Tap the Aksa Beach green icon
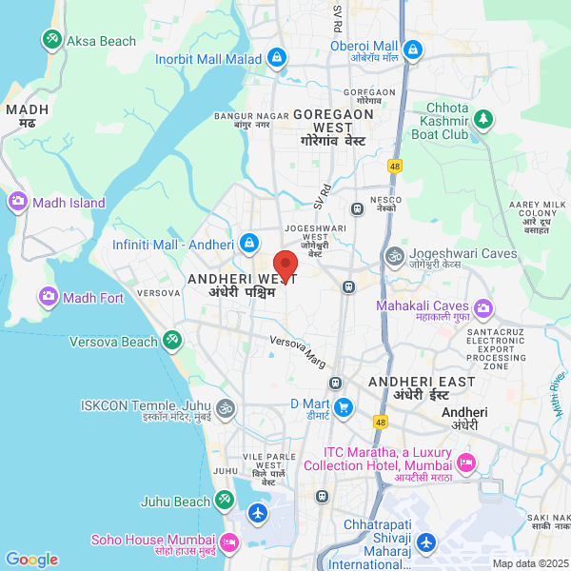(x=51, y=40)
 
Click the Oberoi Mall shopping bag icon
(x=413, y=49)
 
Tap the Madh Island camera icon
(x=17, y=202)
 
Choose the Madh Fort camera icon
(x=48, y=298)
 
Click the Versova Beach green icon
(x=172, y=339)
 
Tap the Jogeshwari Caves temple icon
(x=392, y=255)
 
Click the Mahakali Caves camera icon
(x=484, y=306)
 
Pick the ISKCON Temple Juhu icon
(x=225, y=409)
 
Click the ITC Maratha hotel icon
(x=465, y=463)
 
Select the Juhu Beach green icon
(x=224, y=498)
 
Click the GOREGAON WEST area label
(x=333, y=121)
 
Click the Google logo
(x=31, y=560)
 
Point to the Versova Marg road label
(x=298, y=350)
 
